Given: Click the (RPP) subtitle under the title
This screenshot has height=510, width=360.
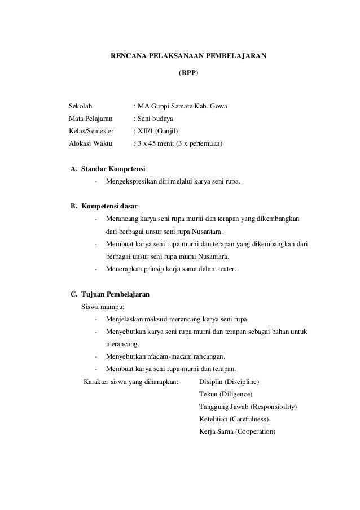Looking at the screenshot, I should (188, 73).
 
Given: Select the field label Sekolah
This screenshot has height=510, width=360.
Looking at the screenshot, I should (81, 106).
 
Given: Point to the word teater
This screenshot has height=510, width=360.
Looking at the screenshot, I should (226, 269).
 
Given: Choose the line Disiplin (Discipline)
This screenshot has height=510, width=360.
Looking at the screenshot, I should (229, 381).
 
